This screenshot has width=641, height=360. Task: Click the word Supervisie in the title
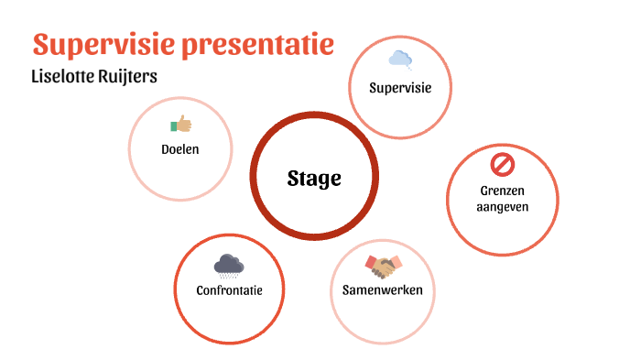[106, 44]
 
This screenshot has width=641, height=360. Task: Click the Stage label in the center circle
[314, 178]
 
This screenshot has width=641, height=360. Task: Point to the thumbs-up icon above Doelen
[180, 124]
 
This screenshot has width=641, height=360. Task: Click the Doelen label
[179, 148]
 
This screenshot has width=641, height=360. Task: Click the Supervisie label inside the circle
[400, 88]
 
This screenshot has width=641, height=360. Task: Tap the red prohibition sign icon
[503, 165]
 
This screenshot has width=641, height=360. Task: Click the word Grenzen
[503, 191]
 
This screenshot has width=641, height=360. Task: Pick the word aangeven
[503, 207]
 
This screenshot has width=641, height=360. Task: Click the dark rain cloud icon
[229, 266]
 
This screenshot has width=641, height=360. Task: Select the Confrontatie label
[229, 290]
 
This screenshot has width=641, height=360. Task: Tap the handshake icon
[382, 267]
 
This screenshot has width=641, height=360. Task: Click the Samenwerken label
[382, 290]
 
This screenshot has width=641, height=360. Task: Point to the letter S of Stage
[293, 178]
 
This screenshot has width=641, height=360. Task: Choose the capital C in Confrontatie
[200, 290]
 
